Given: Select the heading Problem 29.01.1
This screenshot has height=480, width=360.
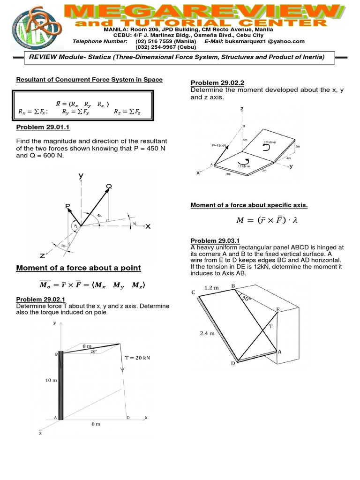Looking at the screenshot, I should (43, 127).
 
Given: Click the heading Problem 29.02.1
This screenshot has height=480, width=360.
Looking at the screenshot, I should (43, 300).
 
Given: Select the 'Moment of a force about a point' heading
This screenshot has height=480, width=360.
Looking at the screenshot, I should (78, 268).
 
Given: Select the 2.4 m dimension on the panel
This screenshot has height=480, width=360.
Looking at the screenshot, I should (206, 334).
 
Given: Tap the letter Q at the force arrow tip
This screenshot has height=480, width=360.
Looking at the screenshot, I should (109, 187).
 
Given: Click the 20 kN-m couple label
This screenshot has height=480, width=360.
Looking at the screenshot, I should (271, 142).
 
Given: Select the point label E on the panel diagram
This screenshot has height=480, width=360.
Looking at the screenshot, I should (277, 309).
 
